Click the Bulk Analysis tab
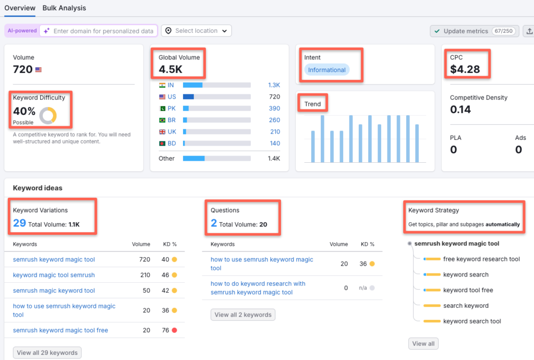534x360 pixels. coord(64,8)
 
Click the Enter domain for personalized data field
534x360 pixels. coord(103,31)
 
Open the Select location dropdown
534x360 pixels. coord(196,31)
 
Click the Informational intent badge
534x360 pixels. coord(326,70)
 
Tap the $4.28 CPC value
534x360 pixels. coord(465,69)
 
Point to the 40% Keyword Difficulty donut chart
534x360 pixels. coord(48,115)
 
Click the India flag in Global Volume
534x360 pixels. coord(162,85)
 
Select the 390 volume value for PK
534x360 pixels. coord(274,109)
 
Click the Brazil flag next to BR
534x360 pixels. coord(162,120)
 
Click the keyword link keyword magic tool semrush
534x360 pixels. coord(54,275)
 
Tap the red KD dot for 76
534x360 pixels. coord(174,330)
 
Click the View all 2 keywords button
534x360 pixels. coord(243,315)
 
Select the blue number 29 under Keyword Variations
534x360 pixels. coord(19,223)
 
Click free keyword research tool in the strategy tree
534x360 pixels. coord(481,259)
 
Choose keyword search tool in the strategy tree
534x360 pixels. coord(471,321)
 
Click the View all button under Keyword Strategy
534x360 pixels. coord(423,344)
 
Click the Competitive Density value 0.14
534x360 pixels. coord(460,110)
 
